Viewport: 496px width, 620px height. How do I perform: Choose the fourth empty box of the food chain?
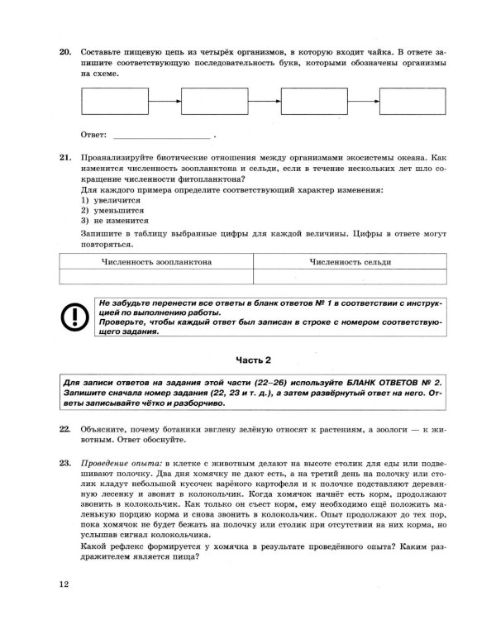[x=412, y=102]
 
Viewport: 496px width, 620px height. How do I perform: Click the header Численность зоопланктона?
[x=155, y=262]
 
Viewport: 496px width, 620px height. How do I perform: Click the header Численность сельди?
[x=351, y=262]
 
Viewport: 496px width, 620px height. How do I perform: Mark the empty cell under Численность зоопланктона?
[x=155, y=278]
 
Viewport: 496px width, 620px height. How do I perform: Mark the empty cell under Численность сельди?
[x=351, y=278]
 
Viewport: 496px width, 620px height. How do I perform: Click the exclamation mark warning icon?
[x=73, y=317]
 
